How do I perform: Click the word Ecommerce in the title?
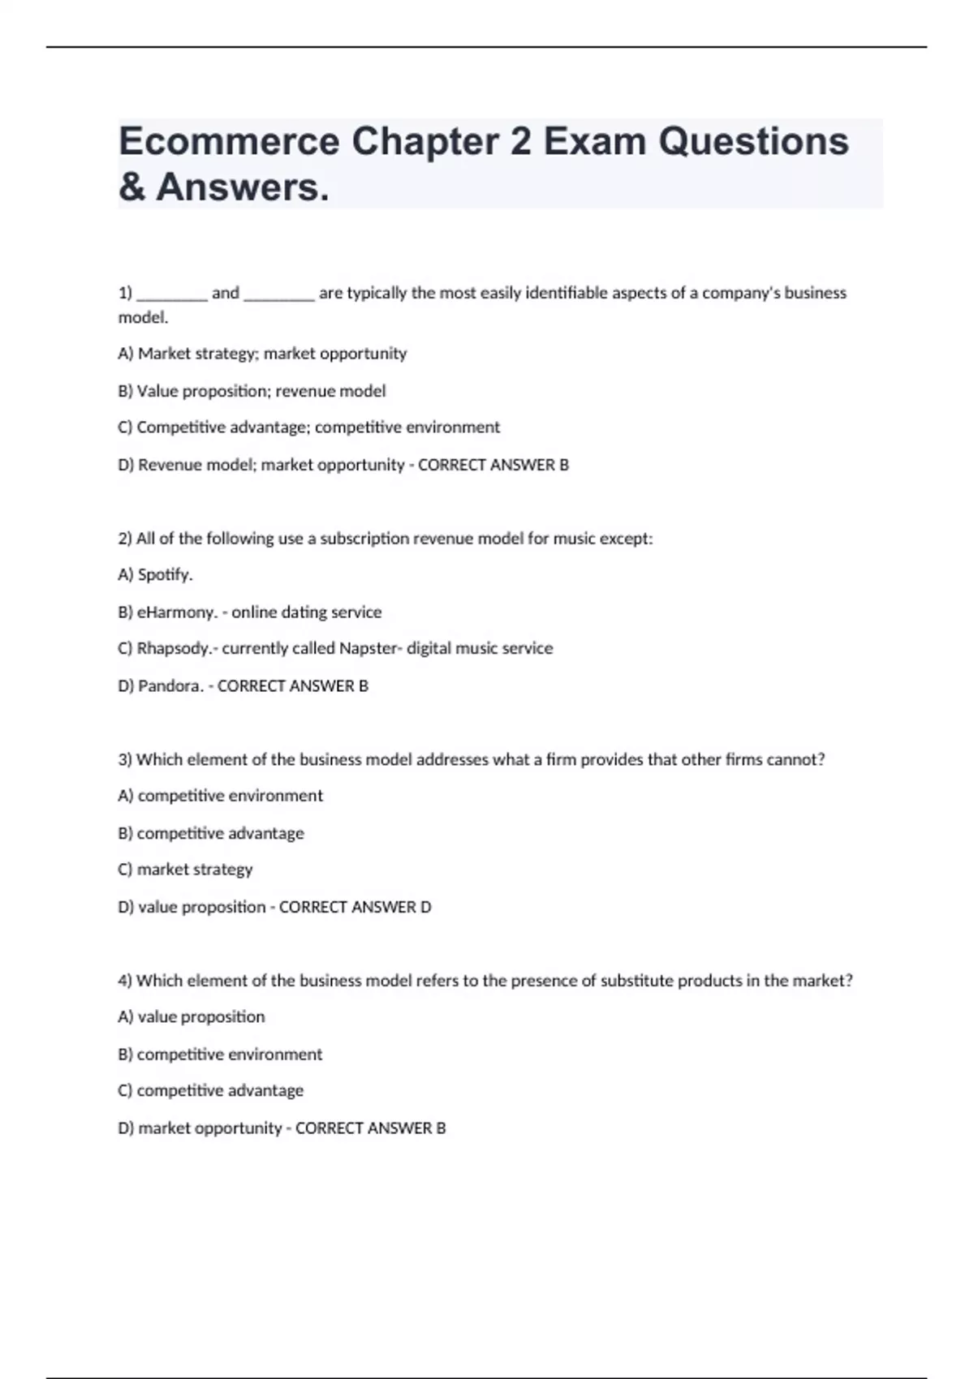pyautogui.click(x=229, y=142)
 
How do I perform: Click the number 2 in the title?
pyautogui.click(x=520, y=142)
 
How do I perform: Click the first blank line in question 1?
pyautogui.click(x=172, y=294)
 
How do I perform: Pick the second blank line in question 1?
pyautogui.click(x=279, y=294)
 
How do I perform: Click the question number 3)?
pyautogui.click(x=125, y=760)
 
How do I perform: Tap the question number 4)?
pyautogui.click(x=125, y=981)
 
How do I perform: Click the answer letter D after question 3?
pyautogui.click(x=426, y=907)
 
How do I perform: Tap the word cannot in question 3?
pyautogui.click(x=795, y=760)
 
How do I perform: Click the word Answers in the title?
pyautogui.click(x=243, y=187)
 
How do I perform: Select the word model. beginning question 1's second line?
pyautogui.click(x=143, y=318)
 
